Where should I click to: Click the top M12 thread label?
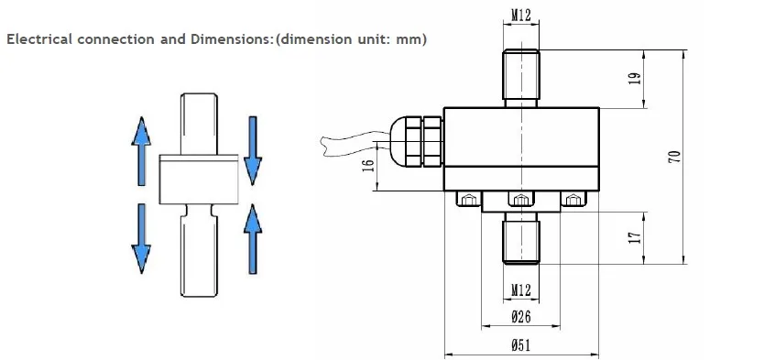[x=521, y=15]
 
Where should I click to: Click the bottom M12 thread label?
[x=521, y=289]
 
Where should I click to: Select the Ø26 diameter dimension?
[x=521, y=316]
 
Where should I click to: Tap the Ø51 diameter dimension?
[x=521, y=344]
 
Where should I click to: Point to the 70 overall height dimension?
[x=677, y=157]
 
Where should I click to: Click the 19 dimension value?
[x=636, y=79]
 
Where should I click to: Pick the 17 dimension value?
[x=636, y=237]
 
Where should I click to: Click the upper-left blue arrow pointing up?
[x=141, y=151]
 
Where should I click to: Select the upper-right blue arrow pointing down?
[x=253, y=151]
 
